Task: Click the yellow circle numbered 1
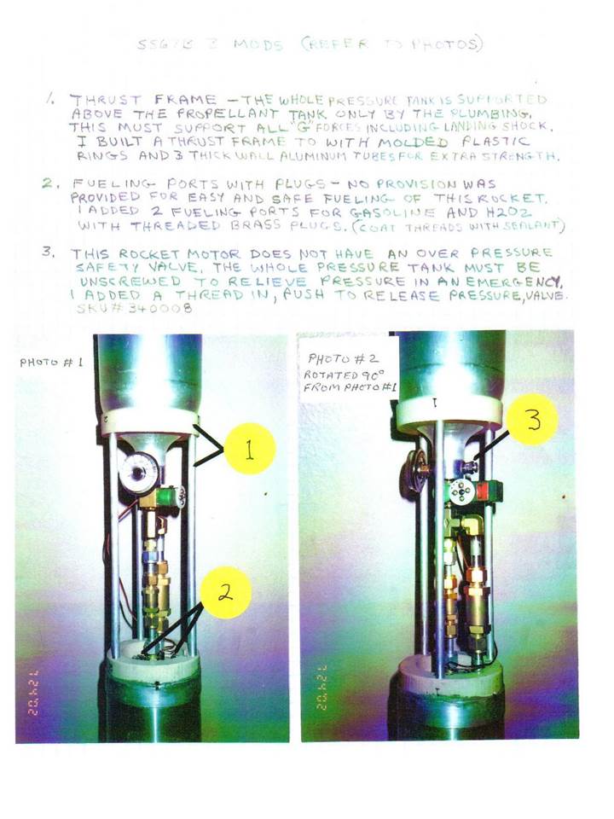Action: click(248, 451)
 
